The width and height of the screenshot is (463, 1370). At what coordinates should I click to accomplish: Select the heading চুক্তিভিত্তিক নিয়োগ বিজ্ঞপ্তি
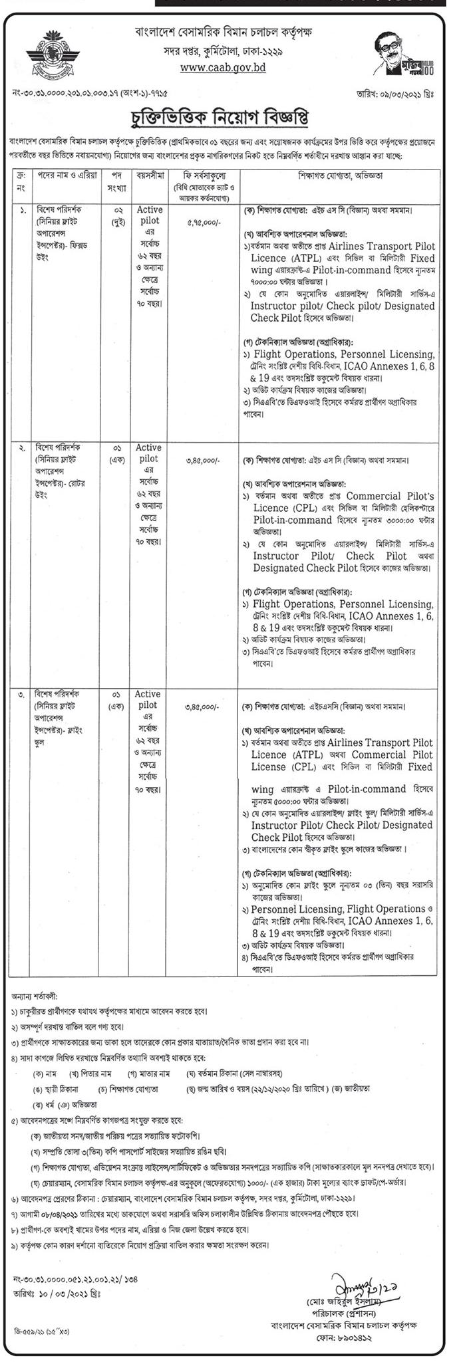[x=232, y=120]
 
